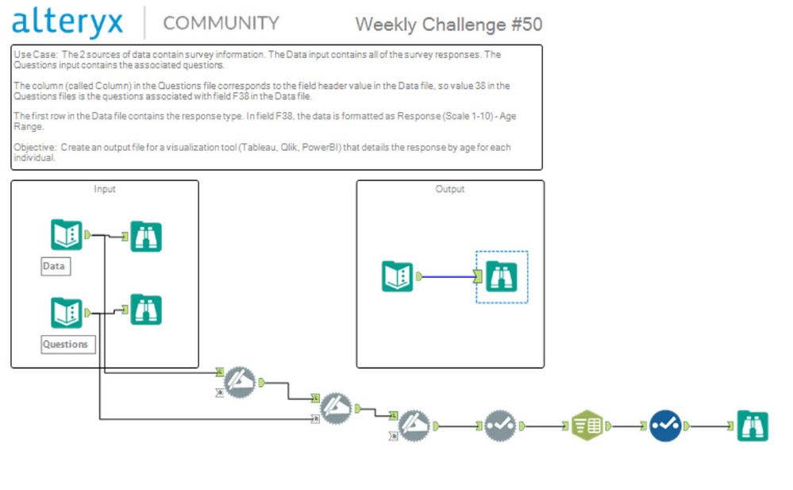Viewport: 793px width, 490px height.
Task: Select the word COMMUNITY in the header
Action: [x=221, y=23]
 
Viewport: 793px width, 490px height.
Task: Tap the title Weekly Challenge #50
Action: [x=448, y=24]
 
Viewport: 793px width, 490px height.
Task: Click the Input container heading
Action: [x=104, y=189]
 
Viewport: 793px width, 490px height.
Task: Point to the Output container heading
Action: [x=450, y=189]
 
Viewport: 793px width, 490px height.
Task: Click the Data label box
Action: [x=55, y=266]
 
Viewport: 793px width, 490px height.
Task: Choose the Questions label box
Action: [x=67, y=345]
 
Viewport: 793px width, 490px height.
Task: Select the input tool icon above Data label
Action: [x=67, y=235]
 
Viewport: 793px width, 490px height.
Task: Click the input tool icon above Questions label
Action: [x=67, y=313]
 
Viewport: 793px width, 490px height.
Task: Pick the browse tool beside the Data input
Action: [x=146, y=237]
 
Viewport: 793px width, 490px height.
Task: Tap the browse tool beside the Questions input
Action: [x=146, y=310]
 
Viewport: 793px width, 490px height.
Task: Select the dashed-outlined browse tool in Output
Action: [x=502, y=276]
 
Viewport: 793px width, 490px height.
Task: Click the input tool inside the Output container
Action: [x=397, y=276]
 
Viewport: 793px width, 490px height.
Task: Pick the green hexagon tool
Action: [x=587, y=426]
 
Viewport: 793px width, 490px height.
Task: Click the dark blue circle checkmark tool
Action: [x=665, y=426]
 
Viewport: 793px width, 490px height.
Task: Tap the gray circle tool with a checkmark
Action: [x=500, y=426]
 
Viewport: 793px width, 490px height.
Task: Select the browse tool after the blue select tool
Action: [x=752, y=426]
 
